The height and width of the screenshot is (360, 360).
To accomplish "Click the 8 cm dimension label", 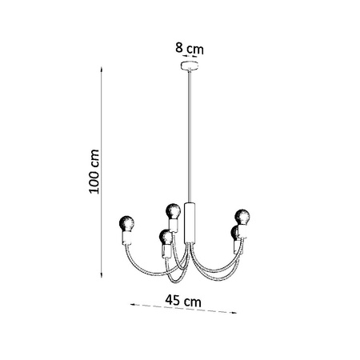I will [x=190, y=48].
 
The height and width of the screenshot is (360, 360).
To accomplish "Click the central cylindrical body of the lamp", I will [x=190, y=222].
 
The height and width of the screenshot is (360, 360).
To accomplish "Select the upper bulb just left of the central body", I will [x=171, y=211].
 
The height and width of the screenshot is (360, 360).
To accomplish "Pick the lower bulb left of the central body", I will [x=165, y=236].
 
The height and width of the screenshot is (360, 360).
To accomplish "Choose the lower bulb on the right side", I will [x=234, y=233].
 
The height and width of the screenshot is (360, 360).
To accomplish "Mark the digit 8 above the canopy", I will [x=179, y=48].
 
